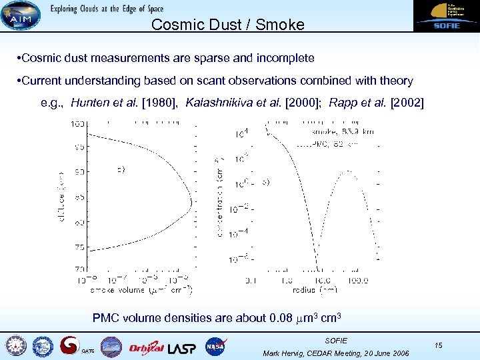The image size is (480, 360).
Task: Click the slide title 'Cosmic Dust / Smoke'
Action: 227,25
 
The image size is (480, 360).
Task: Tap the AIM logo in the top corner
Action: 20,15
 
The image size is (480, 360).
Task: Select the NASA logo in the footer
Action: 216,346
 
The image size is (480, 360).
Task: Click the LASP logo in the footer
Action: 182,347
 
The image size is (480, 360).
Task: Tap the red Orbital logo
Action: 146,347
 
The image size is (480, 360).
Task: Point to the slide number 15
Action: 438,345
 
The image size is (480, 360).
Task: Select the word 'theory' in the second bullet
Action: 394,81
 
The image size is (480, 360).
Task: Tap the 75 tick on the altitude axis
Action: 79,247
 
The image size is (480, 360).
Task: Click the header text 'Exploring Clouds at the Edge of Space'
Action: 106,9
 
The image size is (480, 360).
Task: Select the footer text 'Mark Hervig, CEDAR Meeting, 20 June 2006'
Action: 336,353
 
